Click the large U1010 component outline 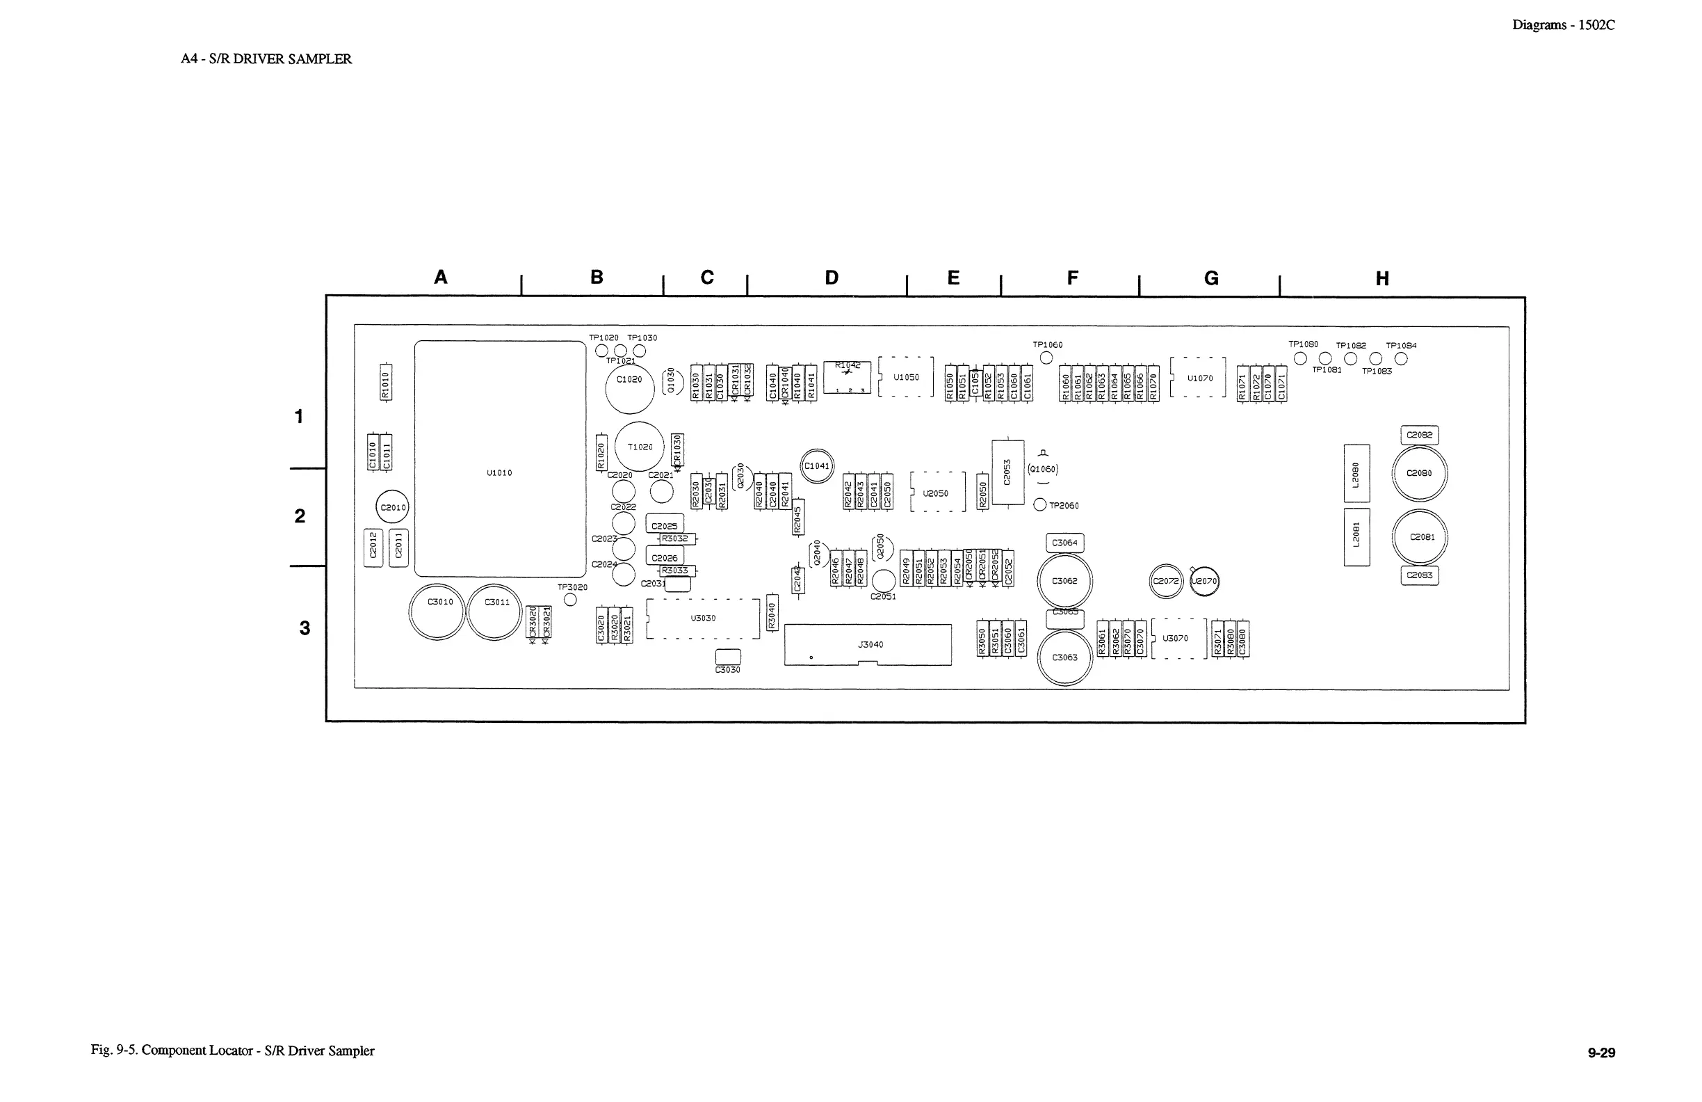pos(500,458)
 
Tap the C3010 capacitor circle pos(437,612)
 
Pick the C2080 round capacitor pos(1420,474)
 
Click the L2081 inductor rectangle pos(1356,536)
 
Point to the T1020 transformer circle pos(640,447)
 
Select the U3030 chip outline pos(703,618)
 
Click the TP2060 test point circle pos(1041,505)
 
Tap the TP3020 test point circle pos(570,600)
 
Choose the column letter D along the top pos(831,278)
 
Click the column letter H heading pos(1382,279)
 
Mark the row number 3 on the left pos(305,628)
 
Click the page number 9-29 pos(1601,1053)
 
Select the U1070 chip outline pos(1199,378)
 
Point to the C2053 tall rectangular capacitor pos(1007,472)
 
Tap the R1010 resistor pos(385,383)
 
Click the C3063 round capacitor pos(1065,657)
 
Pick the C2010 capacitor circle pos(393,507)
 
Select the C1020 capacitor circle pos(629,387)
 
